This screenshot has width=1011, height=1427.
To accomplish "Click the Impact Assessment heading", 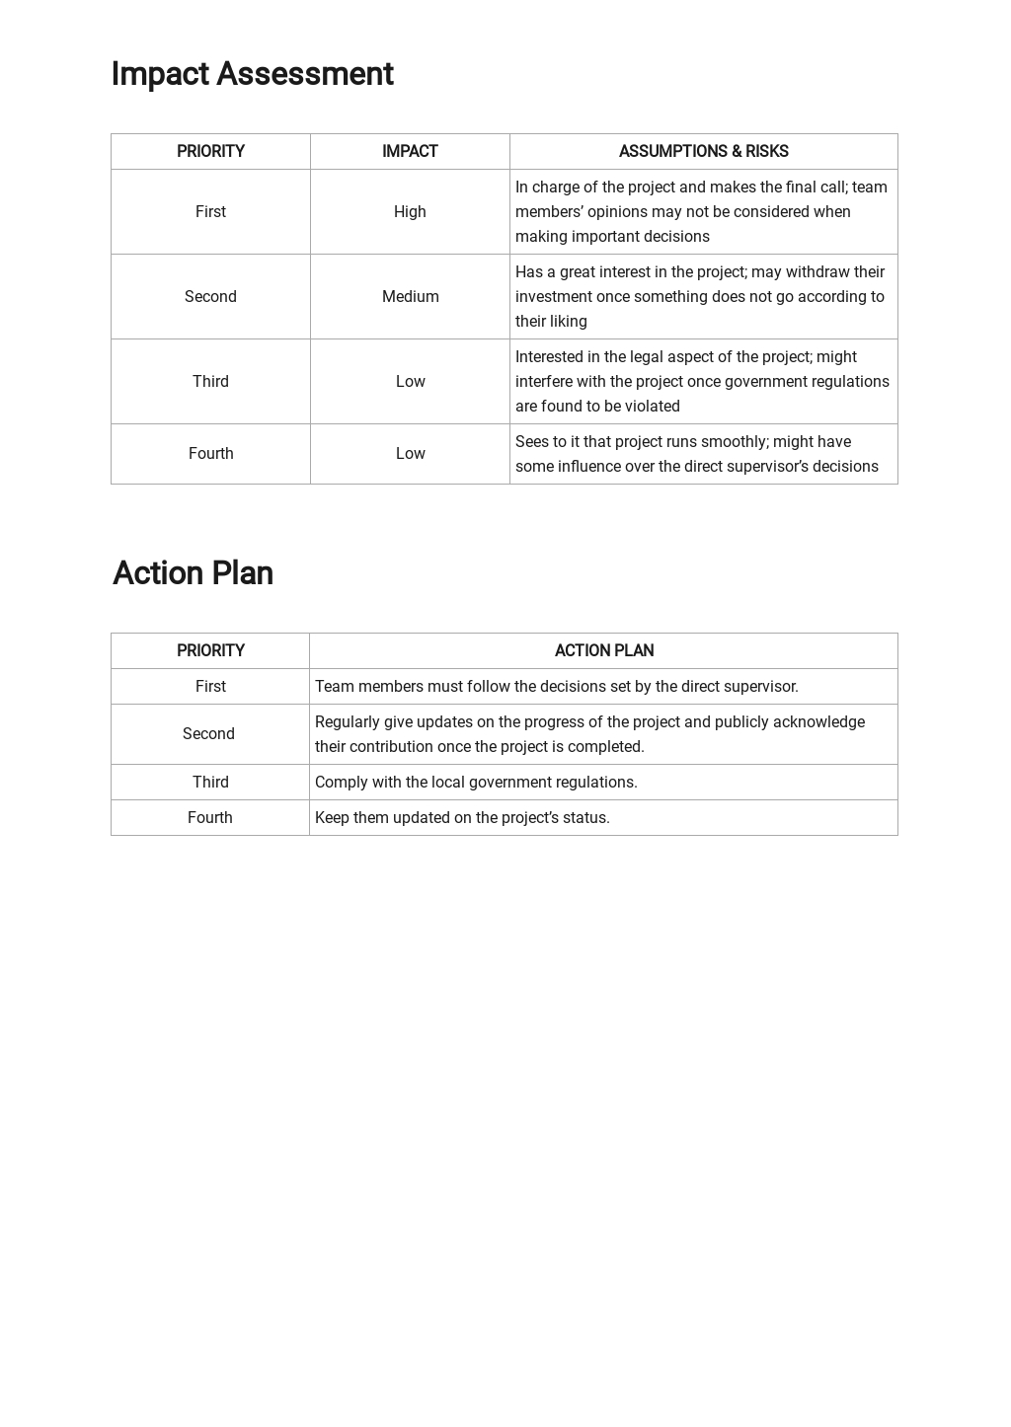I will pyautogui.click(x=252, y=74).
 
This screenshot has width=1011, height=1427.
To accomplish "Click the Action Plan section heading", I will pyautogui.click(x=193, y=573).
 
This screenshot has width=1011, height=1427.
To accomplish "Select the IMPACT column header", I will pyautogui.click(x=410, y=151).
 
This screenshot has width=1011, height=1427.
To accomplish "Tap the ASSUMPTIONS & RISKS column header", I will pyautogui.click(x=703, y=151).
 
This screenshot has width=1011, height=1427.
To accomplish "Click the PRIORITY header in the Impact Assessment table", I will pyautogui.click(x=210, y=151).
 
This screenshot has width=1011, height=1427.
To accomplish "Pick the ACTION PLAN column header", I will pyautogui.click(x=603, y=650).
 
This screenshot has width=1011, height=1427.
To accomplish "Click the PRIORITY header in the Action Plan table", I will pyautogui.click(x=210, y=650).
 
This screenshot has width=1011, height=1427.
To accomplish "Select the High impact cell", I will pyautogui.click(x=410, y=212).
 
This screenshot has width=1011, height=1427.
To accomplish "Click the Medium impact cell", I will pyautogui.click(x=410, y=297).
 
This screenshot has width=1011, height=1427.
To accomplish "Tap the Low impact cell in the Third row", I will pyautogui.click(x=410, y=382).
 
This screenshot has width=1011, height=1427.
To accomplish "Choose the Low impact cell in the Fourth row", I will pyautogui.click(x=410, y=454).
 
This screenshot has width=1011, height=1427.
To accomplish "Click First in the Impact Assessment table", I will pyautogui.click(x=210, y=212).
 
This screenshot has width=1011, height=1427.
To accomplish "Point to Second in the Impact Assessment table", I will pyautogui.click(x=210, y=297).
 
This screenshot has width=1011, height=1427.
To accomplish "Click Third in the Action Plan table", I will pyautogui.click(x=210, y=783).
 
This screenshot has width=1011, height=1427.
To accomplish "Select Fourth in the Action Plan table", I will pyautogui.click(x=210, y=818).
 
